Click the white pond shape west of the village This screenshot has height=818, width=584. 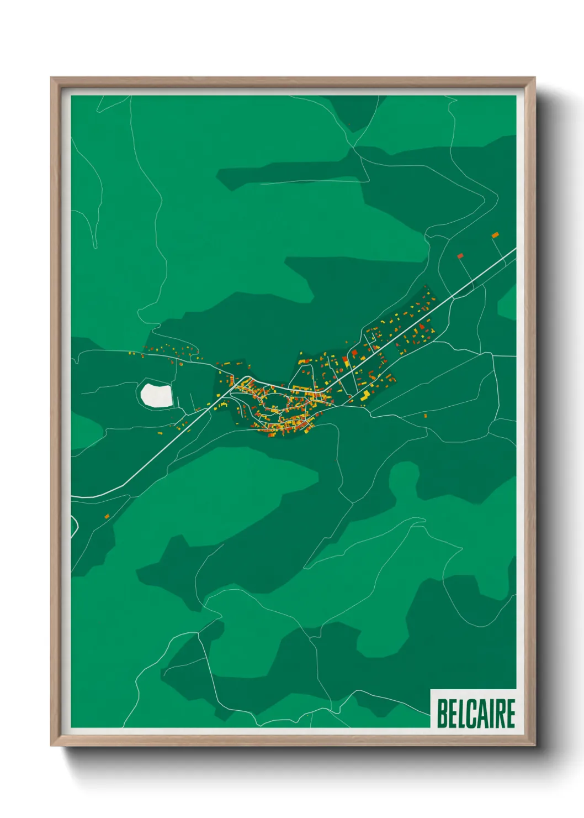(156, 396)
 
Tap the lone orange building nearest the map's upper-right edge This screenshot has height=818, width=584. (495, 235)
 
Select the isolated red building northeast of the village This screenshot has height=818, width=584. (460, 256)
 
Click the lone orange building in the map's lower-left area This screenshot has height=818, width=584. (107, 516)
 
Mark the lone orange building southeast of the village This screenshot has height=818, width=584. (425, 415)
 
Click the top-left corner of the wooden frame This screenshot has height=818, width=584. (51, 78)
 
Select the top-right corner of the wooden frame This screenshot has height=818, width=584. (534, 78)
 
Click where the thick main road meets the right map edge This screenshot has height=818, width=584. (515, 249)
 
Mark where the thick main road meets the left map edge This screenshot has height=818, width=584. (72, 497)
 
